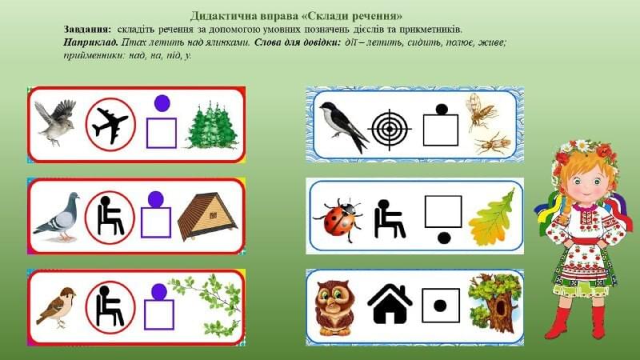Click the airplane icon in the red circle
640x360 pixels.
110,125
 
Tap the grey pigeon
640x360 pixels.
57,217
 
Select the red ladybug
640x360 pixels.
339,220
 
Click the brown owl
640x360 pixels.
335,307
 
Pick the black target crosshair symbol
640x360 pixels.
390,130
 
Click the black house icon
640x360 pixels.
390,304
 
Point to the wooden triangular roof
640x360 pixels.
208,216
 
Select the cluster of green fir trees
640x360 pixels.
212,125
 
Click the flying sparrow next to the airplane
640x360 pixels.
55,122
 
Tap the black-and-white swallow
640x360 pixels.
344,126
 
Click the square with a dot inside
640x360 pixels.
441,306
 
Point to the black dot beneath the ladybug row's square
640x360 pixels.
444,237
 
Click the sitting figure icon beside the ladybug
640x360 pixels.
389,218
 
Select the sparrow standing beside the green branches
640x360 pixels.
56,307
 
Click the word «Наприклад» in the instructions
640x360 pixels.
90,42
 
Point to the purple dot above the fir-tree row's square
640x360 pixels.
162,103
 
